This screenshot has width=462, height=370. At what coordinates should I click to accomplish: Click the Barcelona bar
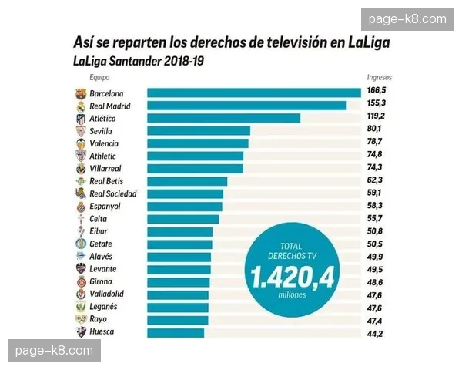254,93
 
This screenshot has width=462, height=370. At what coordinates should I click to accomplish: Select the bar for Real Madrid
246,106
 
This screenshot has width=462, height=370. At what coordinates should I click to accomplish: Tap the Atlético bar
223,118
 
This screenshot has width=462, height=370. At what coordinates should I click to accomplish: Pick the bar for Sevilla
199,131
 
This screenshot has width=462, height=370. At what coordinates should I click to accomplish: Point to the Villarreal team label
111,168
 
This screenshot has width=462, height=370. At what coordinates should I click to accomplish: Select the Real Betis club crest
81,181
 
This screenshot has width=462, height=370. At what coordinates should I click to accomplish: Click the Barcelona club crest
81,93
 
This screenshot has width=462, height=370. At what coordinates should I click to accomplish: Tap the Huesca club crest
81,331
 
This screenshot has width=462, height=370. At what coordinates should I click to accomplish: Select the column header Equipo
99,78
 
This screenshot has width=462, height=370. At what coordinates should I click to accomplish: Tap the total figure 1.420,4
291,276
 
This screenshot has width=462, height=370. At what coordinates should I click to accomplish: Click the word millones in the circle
291,295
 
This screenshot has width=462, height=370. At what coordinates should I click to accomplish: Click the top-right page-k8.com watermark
407,19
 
